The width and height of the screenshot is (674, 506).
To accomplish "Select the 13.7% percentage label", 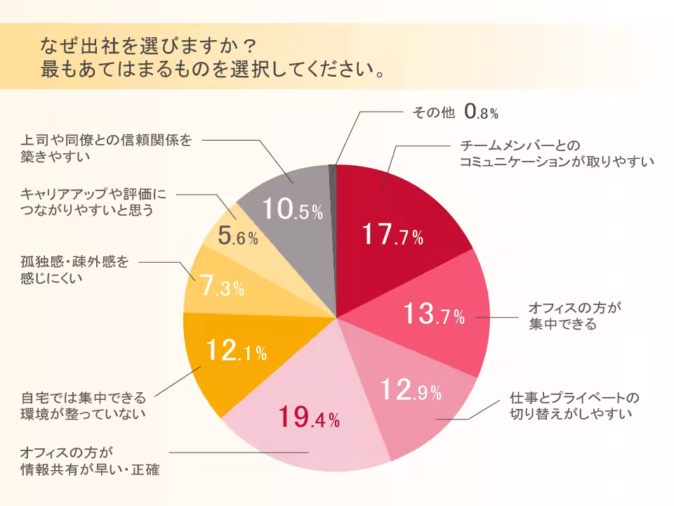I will click(434, 314).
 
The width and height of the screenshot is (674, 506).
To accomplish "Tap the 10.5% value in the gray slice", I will click(292, 209).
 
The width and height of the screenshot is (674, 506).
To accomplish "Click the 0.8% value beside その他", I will click(481, 111).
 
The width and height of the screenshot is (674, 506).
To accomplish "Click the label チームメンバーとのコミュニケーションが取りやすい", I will click(556, 153).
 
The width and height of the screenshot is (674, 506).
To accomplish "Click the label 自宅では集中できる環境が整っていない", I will click(83, 405).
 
